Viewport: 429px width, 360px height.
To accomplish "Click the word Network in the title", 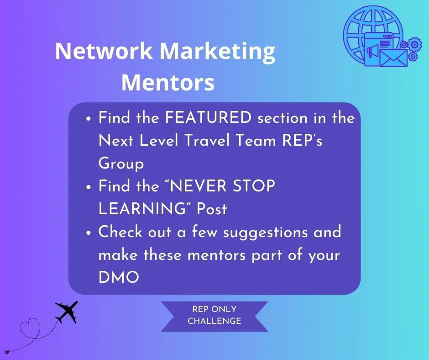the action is tap(104, 51).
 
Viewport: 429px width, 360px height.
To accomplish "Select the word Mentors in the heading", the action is tap(168, 82).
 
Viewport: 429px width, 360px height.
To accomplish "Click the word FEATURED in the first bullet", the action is tap(209, 118).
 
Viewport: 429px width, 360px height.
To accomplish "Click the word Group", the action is tap(121, 164).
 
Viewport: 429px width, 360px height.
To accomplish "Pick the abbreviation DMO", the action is tap(119, 277).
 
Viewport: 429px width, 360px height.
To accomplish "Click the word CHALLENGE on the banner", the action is tap(214, 321).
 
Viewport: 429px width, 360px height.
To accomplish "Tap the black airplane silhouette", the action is tap(67, 312).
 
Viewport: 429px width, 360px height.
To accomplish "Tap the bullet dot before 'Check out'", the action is tap(88, 233).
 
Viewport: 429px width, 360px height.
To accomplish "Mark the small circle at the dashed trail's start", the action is tap(7, 352).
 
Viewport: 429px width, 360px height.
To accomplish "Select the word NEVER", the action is tap(199, 186).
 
